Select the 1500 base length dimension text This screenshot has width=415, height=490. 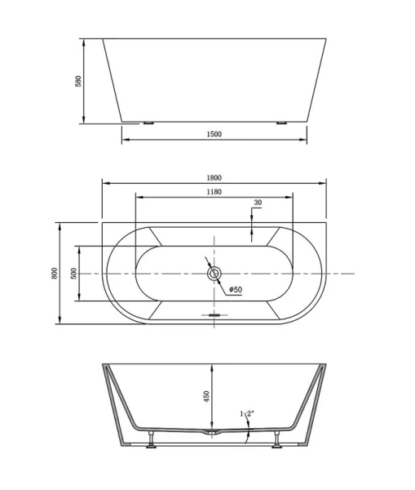[214, 134]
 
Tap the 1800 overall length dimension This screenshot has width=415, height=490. [214, 176]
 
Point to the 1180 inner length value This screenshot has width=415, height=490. [214, 192]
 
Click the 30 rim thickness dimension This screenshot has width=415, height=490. [258, 202]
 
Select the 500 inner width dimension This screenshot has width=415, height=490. [73, 273]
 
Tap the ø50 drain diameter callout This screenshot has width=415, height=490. [235, 289]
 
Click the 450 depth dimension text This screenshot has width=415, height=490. [207, 395]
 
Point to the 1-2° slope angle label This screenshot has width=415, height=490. [247, 415]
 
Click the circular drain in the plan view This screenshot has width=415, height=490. [214, 274]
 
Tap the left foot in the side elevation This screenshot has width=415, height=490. [148, 123]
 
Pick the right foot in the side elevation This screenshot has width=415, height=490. [281, 123]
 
